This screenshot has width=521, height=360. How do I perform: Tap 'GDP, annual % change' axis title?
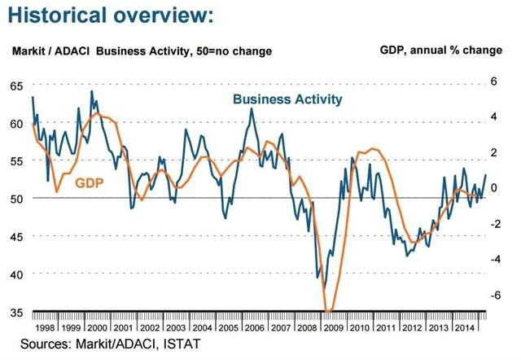pyautogui.click(x=441, y=50)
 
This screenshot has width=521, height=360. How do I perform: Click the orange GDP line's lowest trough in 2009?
pyautogui.click(x=328, y=310)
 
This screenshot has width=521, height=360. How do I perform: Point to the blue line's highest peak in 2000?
pyautogui.click(x=91, y=91)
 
